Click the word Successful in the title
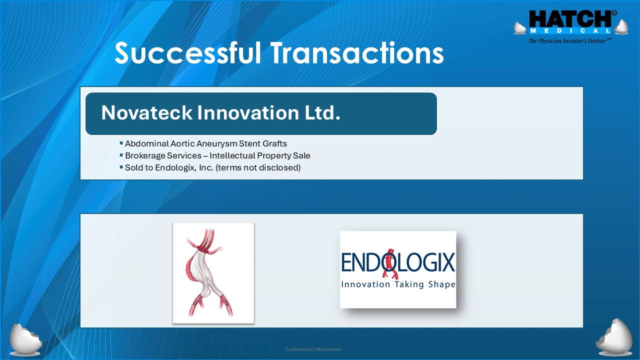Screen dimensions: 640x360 (187, 52)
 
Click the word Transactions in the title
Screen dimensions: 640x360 (357, 52)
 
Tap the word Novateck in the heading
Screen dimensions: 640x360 (146, 112)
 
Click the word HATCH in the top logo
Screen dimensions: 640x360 (570, 19)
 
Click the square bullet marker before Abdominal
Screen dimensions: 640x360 (121, 143)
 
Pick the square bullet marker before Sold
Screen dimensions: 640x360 (121, 167)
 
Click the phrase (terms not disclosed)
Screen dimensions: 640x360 (258, 167)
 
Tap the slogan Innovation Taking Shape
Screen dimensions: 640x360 (398, 284)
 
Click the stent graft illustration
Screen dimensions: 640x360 (213, 273)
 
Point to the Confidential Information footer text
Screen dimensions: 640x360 (313, 349)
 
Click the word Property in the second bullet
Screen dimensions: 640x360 (274, 155)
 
